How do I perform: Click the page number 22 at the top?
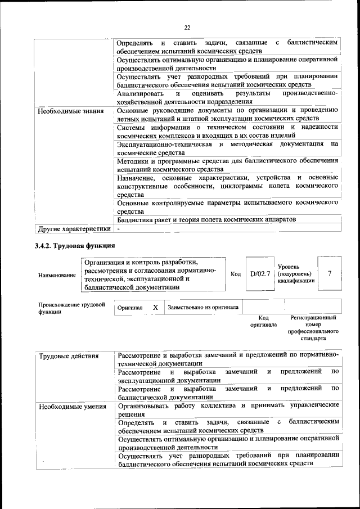point(187,27)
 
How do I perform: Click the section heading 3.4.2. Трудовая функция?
point(75,246)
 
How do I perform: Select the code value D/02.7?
point(260,274)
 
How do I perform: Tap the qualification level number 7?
point(330,273)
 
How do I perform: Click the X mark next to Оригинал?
point(155,308)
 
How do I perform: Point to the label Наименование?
point(57,275)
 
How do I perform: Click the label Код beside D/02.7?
point(236,274)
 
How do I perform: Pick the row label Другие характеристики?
point(74,229)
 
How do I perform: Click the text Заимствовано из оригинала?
point(203,308)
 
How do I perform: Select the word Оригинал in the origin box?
point(129,308)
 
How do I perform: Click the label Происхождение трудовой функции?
point(72,308)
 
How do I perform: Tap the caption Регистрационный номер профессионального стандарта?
point(313,329)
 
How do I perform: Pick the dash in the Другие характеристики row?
point(119,229)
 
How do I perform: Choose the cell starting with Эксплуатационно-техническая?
point(227,148)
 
